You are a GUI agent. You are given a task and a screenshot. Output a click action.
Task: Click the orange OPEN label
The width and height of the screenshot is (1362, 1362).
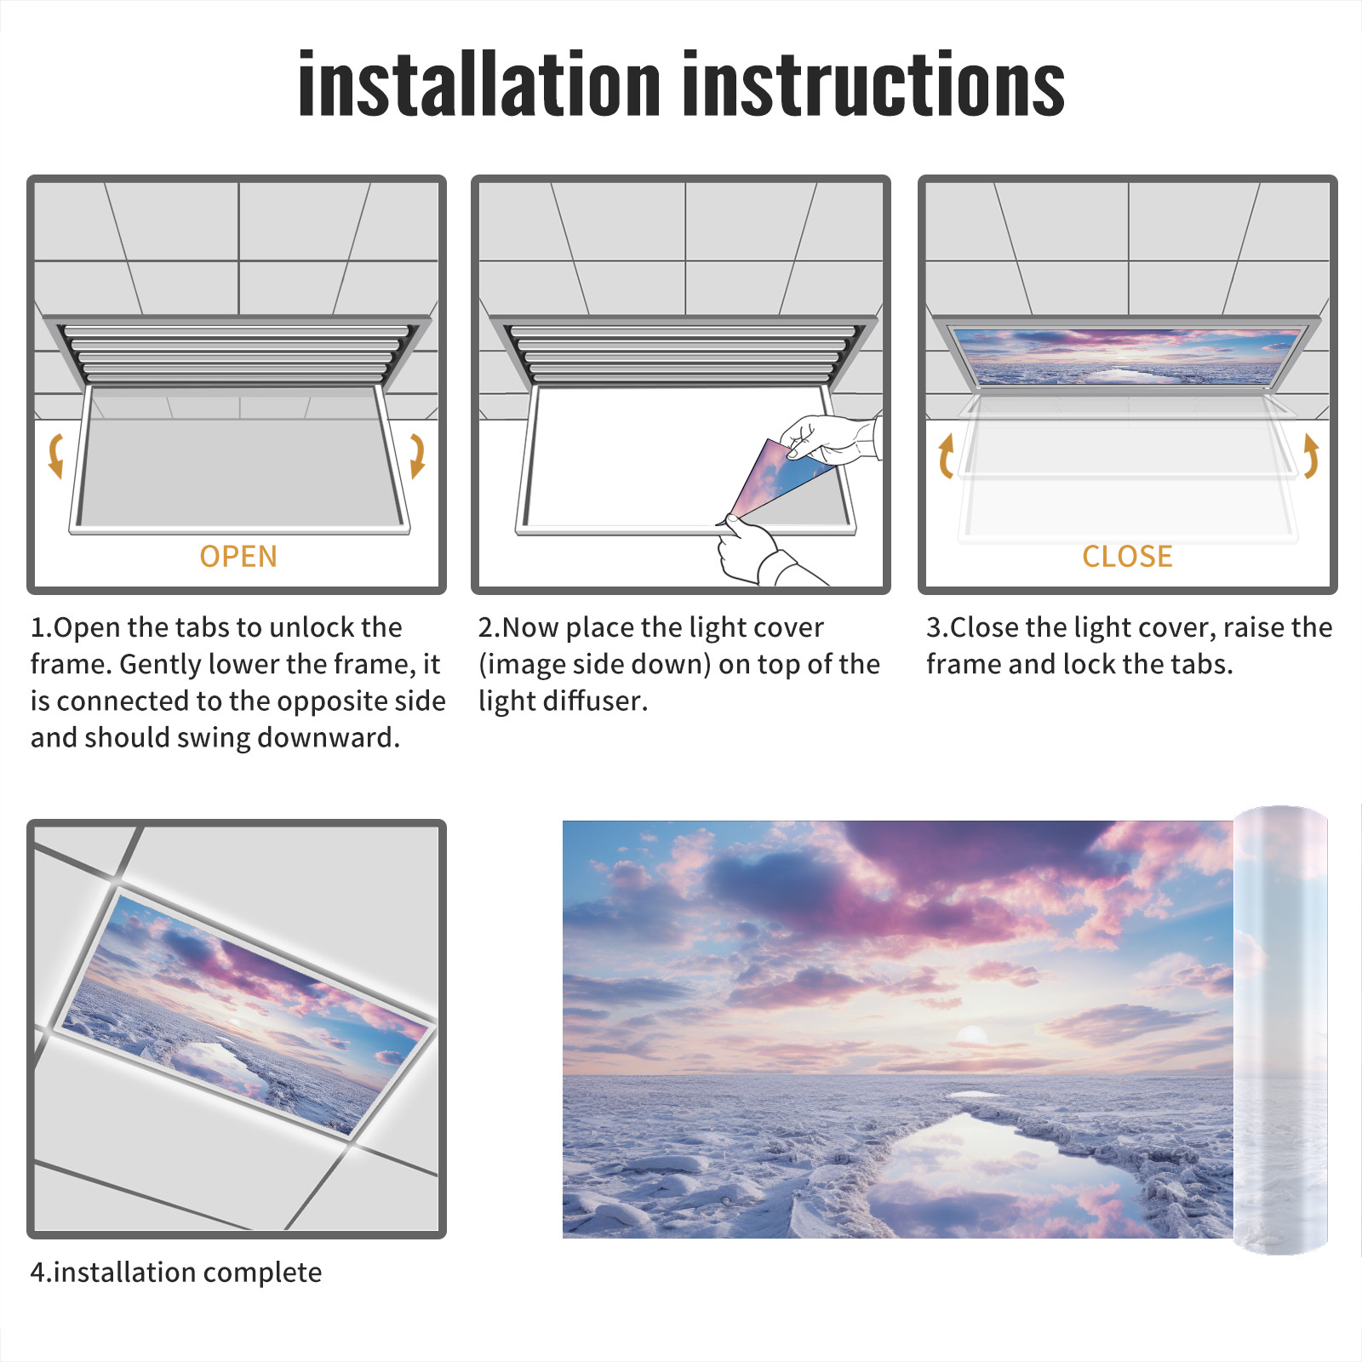238,557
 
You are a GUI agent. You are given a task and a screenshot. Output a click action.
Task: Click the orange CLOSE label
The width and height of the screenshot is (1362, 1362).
1127,557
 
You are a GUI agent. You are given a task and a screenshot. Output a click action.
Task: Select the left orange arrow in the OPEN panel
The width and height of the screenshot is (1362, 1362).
56,455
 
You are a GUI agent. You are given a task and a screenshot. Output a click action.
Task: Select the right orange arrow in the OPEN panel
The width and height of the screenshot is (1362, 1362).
417,455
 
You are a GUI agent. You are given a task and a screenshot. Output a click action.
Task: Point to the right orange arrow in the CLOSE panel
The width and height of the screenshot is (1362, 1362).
1311,455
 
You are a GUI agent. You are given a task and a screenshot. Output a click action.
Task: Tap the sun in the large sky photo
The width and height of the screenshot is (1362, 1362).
971,1036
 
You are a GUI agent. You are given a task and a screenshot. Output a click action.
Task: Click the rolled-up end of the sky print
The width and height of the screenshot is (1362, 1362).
1280,1030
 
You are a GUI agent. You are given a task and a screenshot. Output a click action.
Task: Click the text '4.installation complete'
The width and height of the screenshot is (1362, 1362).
176,1273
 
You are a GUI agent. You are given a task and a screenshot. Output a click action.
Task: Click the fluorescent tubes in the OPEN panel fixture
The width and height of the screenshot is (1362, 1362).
237,352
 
